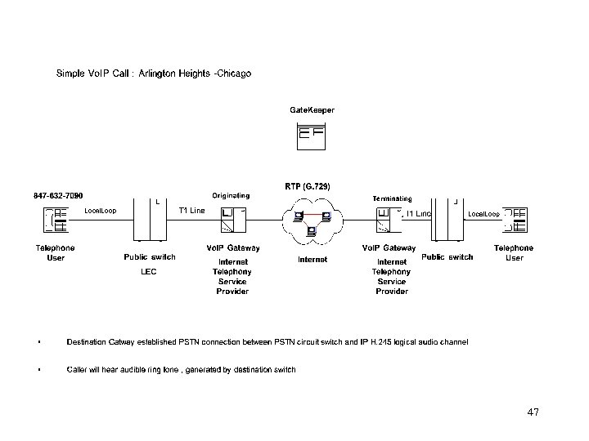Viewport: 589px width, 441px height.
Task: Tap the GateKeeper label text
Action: coord(312,109)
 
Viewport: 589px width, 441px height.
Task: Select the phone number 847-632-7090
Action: coord(58,195)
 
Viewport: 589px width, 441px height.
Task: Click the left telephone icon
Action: coord(56,220)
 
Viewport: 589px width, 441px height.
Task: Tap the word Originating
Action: coord(231,196)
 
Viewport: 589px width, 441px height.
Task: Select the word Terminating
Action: coord(392,198)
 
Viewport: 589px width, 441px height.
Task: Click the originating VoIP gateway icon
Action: coord(232,220)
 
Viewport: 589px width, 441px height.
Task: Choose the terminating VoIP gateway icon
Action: coord(389,220)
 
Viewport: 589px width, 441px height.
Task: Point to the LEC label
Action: coord(149,270)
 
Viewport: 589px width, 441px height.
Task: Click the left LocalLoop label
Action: coord(101,212)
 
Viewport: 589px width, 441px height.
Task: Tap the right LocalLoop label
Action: coord(483,214)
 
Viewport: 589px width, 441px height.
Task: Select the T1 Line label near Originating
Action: coord(192,211)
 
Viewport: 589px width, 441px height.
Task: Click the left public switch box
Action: coord(150,220)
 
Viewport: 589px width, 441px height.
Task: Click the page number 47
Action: coord(533,412)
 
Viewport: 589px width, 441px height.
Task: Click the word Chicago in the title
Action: coord(234,73)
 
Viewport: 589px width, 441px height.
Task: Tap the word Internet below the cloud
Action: coord(312,259)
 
